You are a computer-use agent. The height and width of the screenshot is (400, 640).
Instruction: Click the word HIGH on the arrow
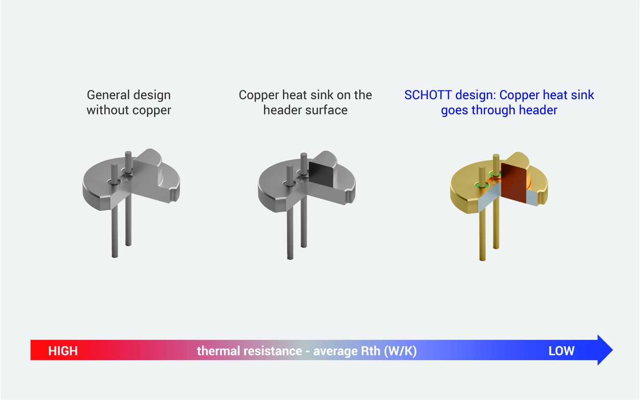63,351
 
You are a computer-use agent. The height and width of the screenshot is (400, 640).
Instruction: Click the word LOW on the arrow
562,351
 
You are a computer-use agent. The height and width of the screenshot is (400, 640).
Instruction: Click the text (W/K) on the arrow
400,351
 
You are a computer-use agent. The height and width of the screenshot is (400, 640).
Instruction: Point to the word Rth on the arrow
370,351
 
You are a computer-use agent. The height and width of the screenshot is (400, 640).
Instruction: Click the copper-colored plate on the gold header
514,179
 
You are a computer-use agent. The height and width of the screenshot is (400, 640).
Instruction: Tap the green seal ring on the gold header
482,184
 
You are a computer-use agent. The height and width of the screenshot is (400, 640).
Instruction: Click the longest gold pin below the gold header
481,234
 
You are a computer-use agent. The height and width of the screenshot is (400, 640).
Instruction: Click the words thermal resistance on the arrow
249,351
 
